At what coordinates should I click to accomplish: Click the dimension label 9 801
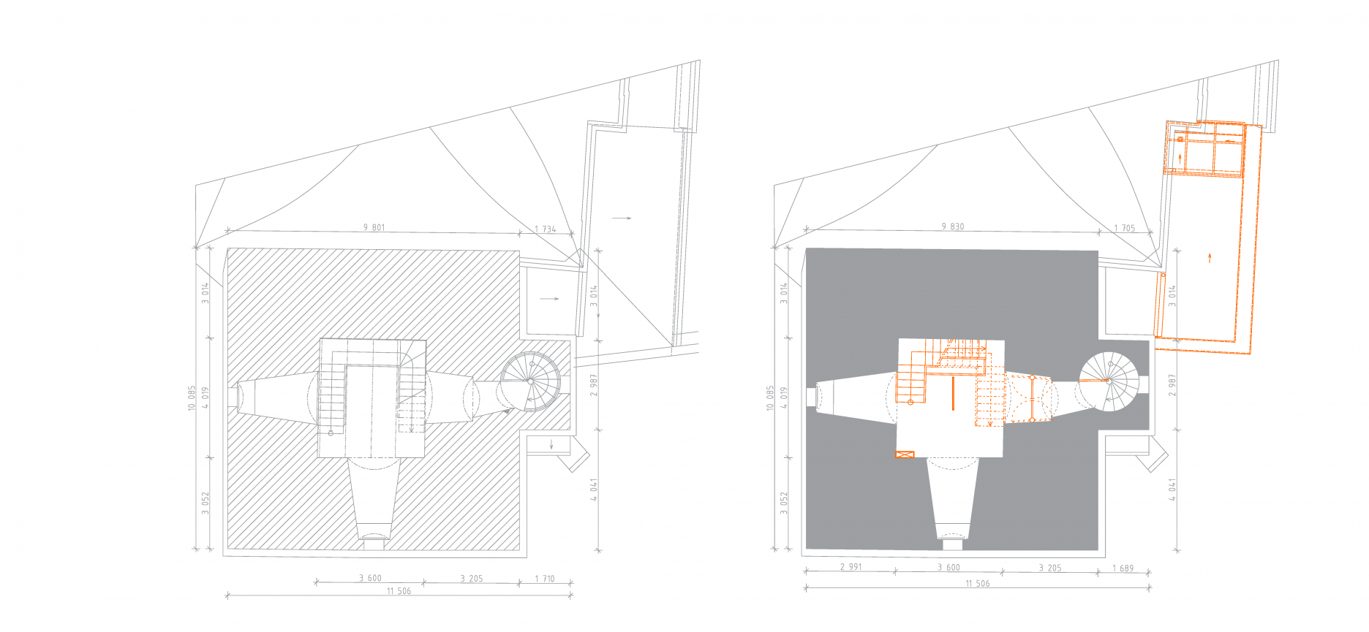coord(374,227)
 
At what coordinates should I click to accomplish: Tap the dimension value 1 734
coord(545,229)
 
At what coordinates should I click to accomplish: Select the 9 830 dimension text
coord(952,226)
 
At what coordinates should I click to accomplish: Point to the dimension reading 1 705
coord(1124,228)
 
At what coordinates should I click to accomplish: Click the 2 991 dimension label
coord(851,566)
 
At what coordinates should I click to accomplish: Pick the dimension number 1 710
coord(544,578)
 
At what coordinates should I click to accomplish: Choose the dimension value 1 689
coord(1123,568)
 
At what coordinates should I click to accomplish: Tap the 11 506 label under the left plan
coord(399,590)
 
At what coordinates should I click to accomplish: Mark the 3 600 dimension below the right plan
coord(949,567)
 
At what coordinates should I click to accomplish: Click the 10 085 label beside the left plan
coord(192,398)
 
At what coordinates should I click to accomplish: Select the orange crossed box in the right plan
coord(905,454)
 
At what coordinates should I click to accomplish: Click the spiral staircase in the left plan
coord(530,381)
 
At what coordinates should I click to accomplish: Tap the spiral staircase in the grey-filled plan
coord(1109,381)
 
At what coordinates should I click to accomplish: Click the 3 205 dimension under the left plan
coord(471,578)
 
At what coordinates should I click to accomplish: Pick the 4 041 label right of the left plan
coord(594,490)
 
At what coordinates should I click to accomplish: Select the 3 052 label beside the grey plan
coord(783,503)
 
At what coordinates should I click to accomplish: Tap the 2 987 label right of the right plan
coord(1172,385)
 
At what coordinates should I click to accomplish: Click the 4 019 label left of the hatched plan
coord(205,397)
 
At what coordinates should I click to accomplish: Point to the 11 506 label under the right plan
coord(977,583)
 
